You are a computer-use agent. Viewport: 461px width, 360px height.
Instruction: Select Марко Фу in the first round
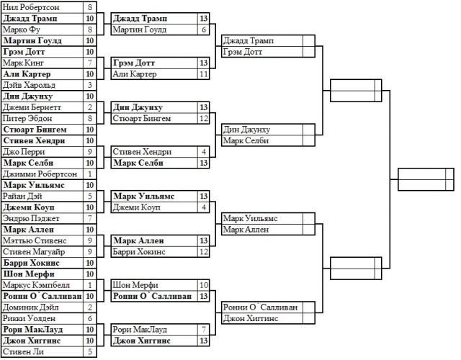pos(21,30)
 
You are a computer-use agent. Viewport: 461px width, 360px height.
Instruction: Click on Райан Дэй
pos(21,195)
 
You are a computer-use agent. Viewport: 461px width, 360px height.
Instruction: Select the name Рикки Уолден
pos(28,318)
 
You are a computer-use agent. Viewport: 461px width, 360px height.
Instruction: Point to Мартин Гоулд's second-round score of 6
pos(205,30)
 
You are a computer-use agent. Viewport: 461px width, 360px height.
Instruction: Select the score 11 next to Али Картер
pos(205,74)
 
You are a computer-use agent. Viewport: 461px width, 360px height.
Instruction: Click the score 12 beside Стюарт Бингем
pos(205,118)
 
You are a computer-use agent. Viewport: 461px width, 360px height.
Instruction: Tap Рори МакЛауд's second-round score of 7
pos(205,329)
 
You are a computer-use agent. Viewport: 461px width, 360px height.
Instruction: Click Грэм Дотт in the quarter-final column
pos(242,53)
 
